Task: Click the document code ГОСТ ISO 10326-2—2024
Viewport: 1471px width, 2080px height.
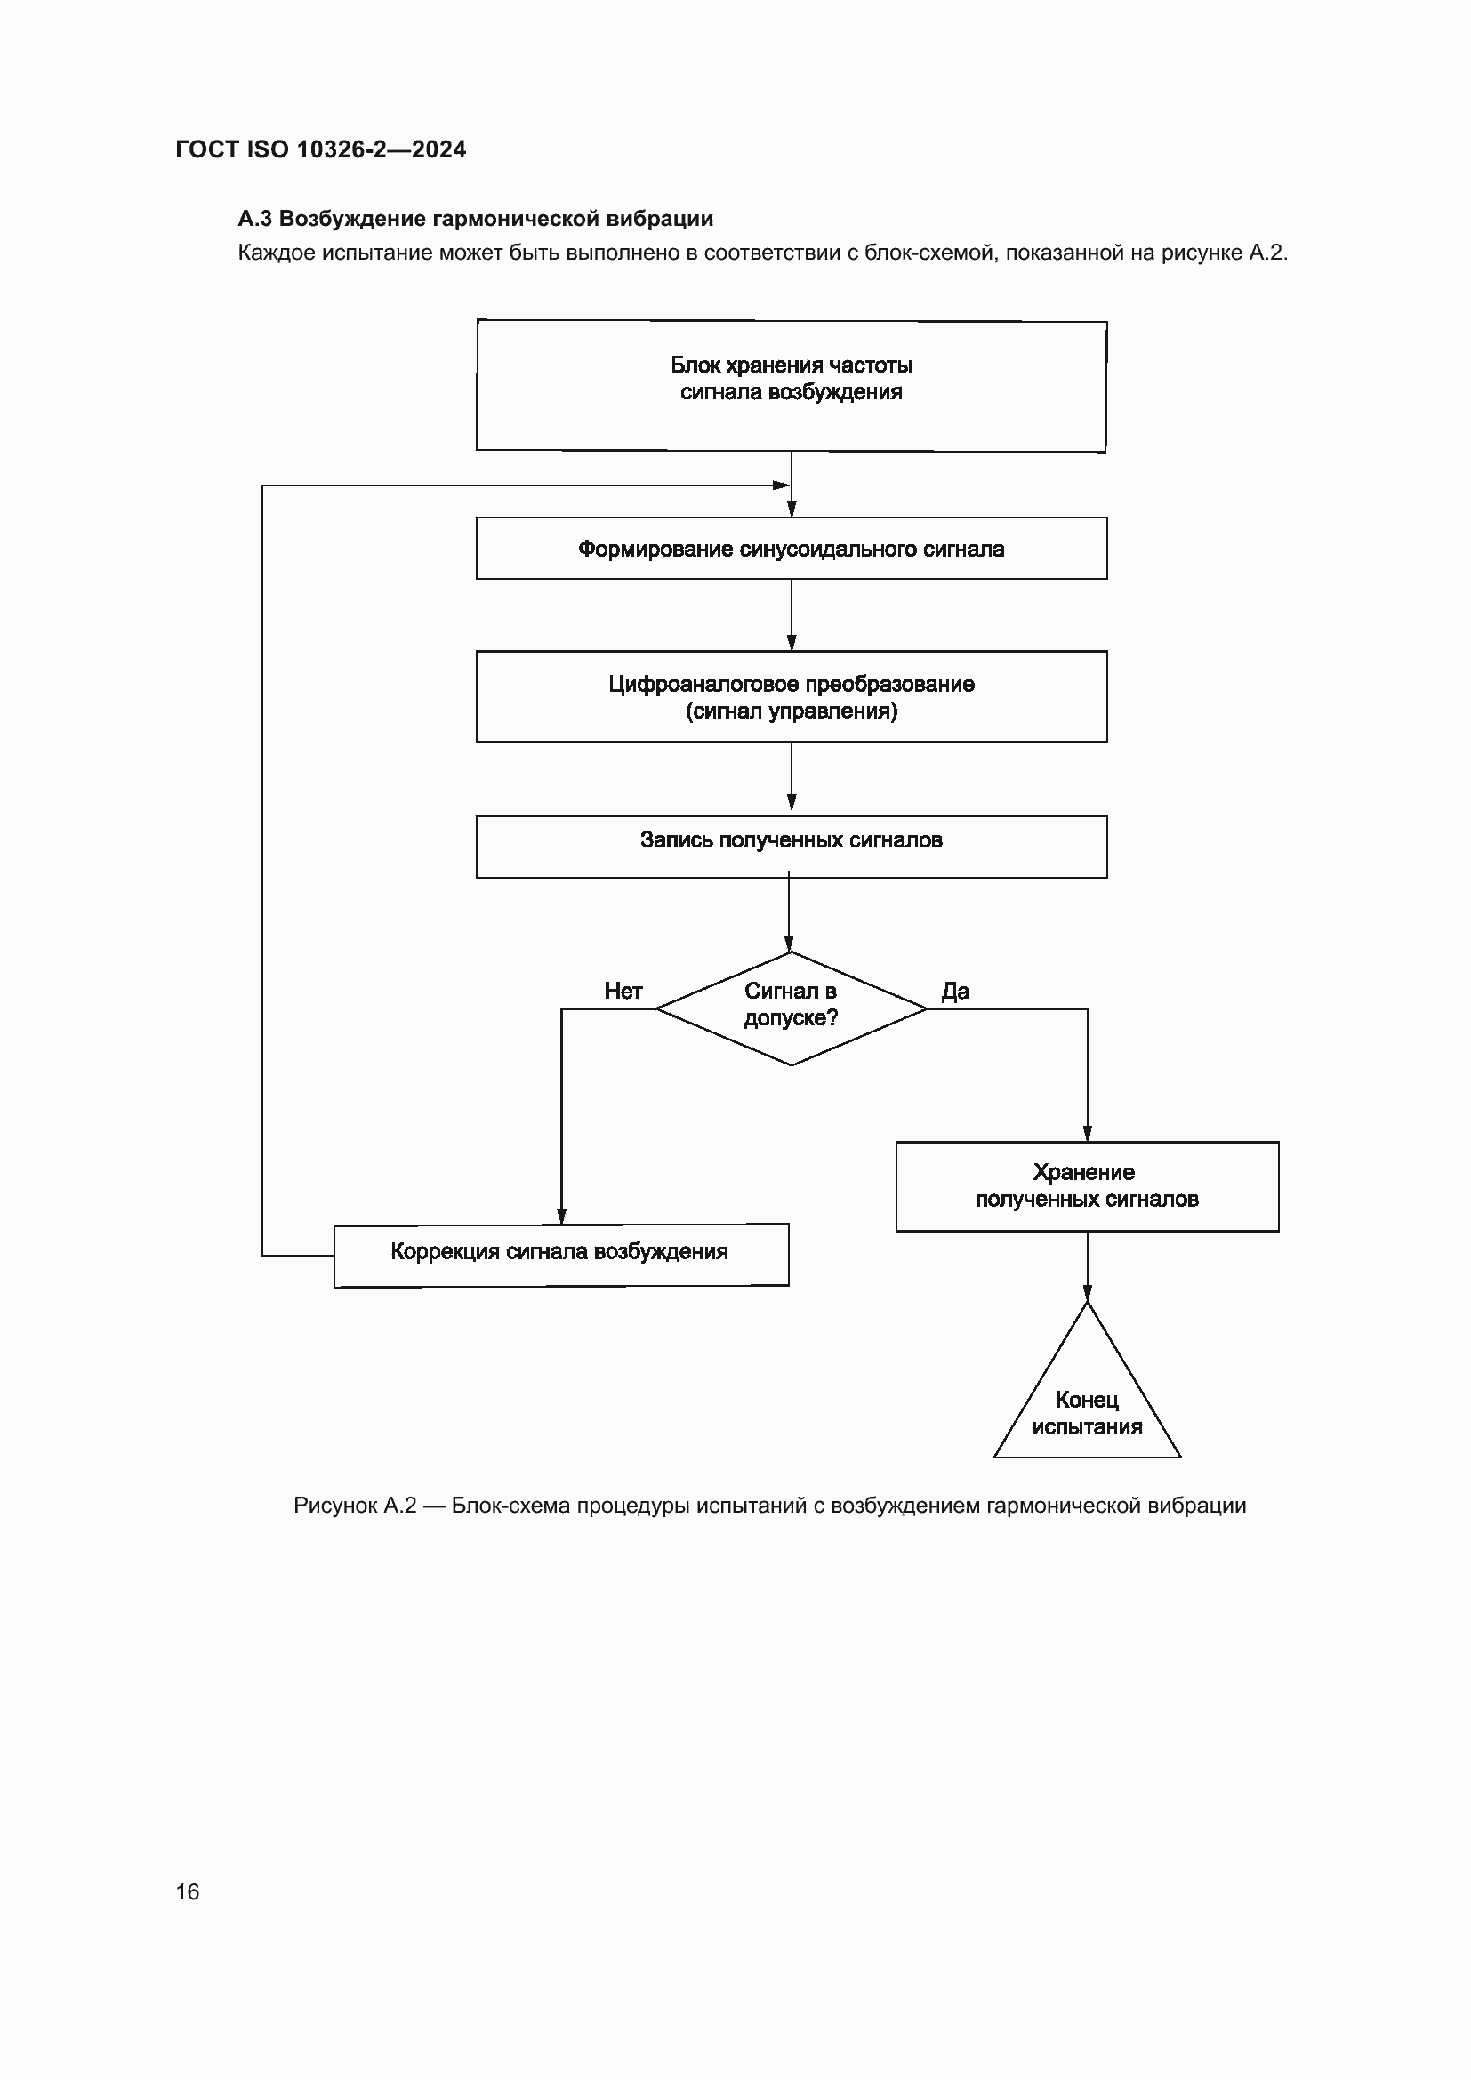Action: [321, 149]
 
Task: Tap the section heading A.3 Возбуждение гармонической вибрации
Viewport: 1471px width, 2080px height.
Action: [476, 219]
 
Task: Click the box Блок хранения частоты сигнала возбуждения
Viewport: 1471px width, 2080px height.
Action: [791, 385]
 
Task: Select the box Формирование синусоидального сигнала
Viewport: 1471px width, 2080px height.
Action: [791, 548]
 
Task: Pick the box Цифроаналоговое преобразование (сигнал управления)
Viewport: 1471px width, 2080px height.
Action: [791, 696]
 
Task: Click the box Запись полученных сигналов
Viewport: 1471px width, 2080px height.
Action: [791, 846]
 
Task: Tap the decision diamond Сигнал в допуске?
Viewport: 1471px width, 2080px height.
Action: [791, 1008]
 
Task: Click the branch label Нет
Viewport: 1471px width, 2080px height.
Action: [623, 991]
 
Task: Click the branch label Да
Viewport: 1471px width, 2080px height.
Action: [955, 991]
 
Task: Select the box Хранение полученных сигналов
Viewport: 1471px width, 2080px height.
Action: [1087, 1186]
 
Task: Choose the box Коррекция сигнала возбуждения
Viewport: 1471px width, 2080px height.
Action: [560, 1255]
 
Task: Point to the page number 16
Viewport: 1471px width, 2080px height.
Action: [188, 1891]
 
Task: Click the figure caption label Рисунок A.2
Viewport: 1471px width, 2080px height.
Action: [354, 1505]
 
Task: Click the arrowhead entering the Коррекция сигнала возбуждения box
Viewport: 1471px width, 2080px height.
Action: [561, 1216]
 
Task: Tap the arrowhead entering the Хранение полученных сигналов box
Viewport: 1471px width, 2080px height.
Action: [1087, 1133]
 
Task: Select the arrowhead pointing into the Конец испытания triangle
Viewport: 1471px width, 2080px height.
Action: [1087, 1293]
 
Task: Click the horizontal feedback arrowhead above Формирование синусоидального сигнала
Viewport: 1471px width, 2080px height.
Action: [781, 486]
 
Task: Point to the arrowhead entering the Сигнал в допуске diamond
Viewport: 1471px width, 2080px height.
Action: [789, 943]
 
